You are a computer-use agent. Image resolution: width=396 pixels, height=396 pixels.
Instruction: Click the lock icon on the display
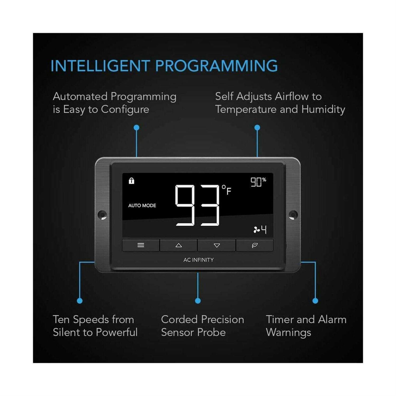(131, 181)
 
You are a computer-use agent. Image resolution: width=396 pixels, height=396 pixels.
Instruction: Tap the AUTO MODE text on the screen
(142, 205)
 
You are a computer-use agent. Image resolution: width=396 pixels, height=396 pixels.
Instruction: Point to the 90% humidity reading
(258, 182)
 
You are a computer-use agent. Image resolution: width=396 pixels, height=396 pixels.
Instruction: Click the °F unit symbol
(227, 190)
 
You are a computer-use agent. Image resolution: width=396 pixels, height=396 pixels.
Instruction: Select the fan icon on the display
(256, 230)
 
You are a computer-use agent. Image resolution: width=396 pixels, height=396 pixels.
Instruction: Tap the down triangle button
(217, 246)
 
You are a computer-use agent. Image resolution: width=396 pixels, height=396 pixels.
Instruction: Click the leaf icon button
(255, 246)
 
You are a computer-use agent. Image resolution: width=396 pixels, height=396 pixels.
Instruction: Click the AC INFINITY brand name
(199, 260)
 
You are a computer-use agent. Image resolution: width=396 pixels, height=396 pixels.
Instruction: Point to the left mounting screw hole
(102, 215)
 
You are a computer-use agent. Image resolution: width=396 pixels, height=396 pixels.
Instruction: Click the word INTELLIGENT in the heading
(100, 66)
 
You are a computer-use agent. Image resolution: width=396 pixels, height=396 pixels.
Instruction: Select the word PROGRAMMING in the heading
(216, 66)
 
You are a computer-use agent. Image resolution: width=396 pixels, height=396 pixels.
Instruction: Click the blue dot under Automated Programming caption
(136, 128)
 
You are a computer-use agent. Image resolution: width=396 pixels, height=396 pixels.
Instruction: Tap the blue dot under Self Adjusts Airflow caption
(257, 128)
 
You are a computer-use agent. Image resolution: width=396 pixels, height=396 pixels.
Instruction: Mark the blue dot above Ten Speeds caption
(80, 301)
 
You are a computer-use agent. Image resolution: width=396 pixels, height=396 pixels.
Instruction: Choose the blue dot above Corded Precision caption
(198, 301)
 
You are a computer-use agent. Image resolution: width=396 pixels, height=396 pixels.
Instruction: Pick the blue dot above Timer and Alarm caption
(315, 301)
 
